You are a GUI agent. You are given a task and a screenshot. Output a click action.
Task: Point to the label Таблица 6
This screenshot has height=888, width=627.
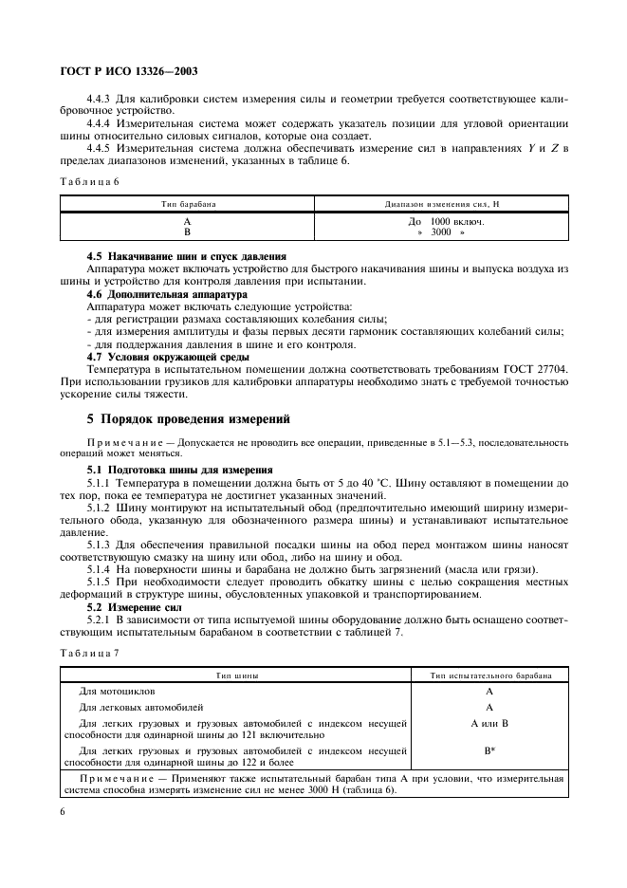pos(89,181)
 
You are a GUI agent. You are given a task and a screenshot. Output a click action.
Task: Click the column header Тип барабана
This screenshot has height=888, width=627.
pos(188,204)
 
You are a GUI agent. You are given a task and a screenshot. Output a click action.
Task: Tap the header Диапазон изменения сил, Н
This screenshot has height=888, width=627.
pos(439,204)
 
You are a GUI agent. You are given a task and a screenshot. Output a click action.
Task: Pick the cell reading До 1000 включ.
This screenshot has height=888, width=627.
pos(439,221)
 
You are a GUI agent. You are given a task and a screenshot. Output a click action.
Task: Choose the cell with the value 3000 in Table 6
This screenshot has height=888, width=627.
pos(441,231)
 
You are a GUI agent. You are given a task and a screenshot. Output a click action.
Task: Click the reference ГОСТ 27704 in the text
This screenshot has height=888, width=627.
pos(532,368)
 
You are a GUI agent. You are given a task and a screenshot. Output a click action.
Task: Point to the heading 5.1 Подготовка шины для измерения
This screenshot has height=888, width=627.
pos(179,469)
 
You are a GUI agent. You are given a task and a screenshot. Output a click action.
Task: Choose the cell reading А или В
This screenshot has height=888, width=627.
pos(489,723)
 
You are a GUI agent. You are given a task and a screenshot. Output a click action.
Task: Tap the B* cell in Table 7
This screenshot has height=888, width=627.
pos(489,749)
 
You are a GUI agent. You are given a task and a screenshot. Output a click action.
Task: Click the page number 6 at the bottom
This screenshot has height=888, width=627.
pos(63,812)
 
